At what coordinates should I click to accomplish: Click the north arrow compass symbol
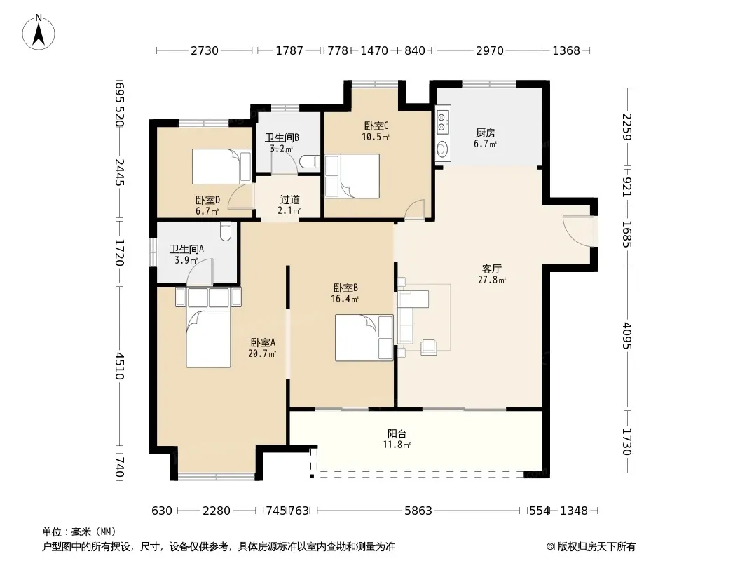coord(39,32)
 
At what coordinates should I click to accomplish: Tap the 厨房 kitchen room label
coord(485,133)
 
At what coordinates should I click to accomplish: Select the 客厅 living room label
coord(492,269)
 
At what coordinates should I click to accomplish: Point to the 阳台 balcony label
coord(397,434)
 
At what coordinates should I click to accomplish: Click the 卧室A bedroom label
coord(263,342)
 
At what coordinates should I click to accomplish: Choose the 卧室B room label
coord(345,288)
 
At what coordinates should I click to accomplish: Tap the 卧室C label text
coord(376,126)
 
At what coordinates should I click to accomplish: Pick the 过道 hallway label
coord(289,199)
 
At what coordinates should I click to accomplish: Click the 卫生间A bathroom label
coord(186,249)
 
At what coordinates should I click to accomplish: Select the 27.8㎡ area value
coord(492,280)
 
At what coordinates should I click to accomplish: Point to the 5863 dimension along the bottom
coord(418,511)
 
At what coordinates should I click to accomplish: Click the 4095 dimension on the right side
coord(627,336)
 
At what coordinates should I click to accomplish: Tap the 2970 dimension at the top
coord(490,50)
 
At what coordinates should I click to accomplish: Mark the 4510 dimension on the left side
coord(120,366)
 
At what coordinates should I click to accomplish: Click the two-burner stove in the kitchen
coord(442,121)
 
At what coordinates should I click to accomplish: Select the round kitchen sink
coord(442,149)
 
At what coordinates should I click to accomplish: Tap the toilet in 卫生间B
coord(310,162)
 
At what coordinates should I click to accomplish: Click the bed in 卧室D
coord(222,166)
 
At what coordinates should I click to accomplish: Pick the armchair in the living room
coord(429,347)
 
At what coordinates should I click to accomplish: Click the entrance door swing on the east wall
coord(578,231)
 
